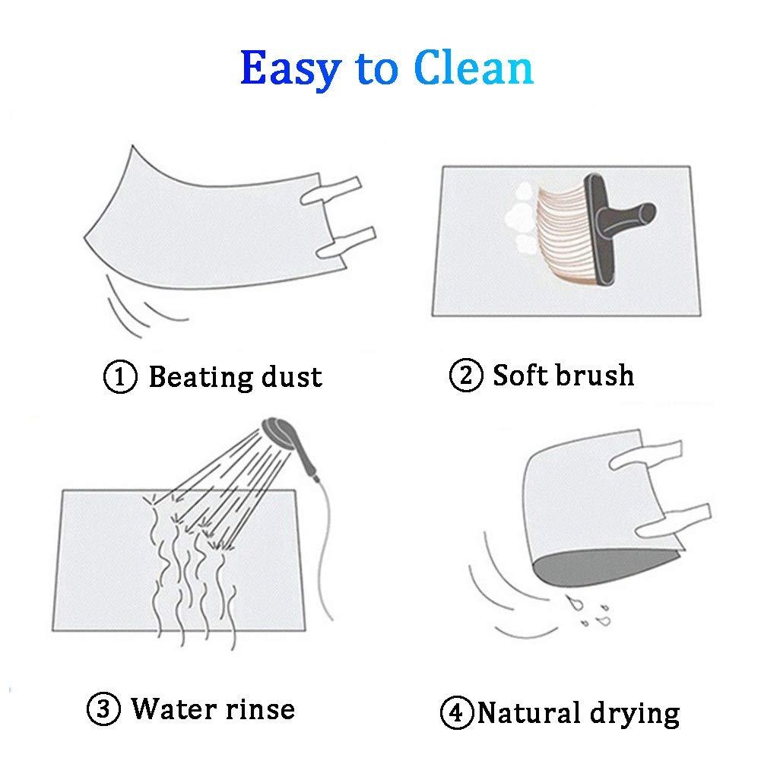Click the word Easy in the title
pos(291,69)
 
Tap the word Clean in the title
pos(474,67)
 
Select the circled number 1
pos(120,376)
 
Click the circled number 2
pos(466,375)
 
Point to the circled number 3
pos(103,709)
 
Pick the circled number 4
pos(457,712)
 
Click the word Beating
pos(201,378)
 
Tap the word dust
pos(292,376)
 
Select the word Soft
pos(521,374)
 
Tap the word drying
pos(635,714)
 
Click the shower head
pos(277,430)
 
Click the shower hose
pos(324,548)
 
